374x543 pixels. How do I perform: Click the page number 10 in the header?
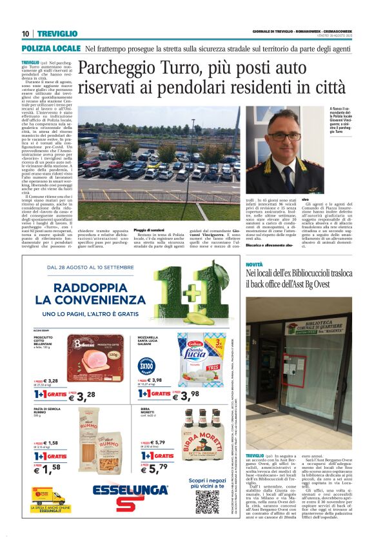coord(25,34)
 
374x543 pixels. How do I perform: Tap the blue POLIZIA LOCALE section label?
coord(51,48)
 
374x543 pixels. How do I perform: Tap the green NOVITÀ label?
coord(254,265)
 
